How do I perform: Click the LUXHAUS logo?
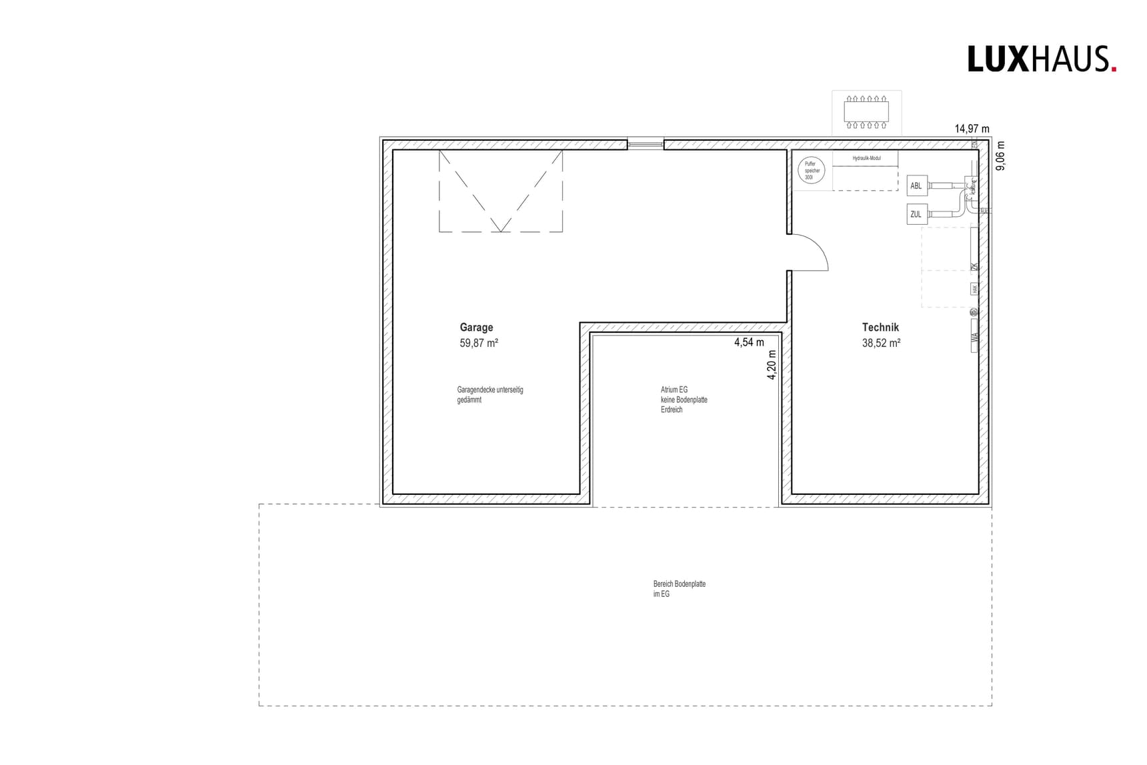(1041, 59)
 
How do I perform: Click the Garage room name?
(476, 327)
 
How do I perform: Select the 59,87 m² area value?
(479, 343)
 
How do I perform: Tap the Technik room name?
(880, 327)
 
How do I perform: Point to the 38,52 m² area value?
(881, 343)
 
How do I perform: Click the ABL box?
(916, 185)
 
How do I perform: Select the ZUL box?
(916, 214)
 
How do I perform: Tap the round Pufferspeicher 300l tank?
(811, 171)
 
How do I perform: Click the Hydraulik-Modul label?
(866, 159)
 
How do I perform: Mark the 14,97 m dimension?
(972, 129)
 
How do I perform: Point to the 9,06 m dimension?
(1000, 155)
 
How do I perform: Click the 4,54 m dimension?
(749, 342)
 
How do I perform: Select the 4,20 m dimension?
(772, 365)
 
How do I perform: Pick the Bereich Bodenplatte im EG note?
(679, 588)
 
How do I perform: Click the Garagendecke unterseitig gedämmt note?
(489, 394)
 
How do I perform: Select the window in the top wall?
(646, 143)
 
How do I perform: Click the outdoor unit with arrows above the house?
(866, 111)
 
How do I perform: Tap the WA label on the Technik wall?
(975, 337)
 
